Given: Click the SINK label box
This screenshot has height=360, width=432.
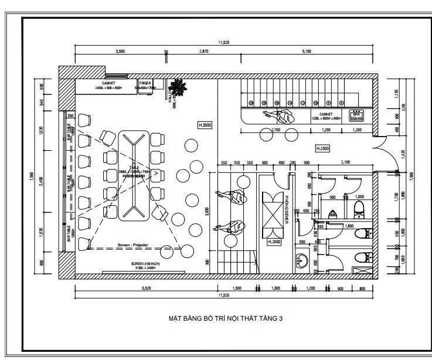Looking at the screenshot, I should coord(357,116).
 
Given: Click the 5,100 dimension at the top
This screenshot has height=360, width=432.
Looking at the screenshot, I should coord(307,52).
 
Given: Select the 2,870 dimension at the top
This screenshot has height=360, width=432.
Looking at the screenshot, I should coord(203,52).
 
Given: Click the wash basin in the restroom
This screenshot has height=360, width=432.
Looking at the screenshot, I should coord(302,259).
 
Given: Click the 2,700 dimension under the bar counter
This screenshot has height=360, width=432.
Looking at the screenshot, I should coord(275,130).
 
